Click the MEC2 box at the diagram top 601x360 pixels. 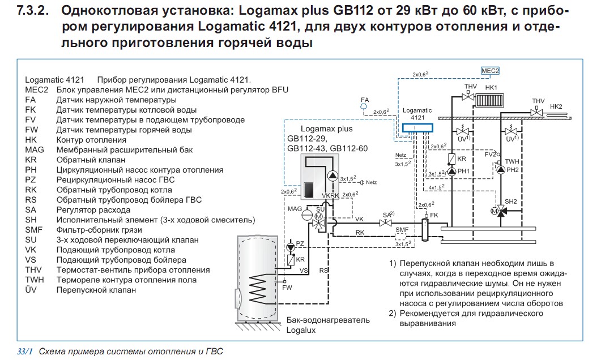point(490,71)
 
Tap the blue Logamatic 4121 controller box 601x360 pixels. point(417,127)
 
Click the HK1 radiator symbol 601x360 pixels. point(489,100)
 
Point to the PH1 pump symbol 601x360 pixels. point(452,171)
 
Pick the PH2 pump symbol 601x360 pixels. point(501,170)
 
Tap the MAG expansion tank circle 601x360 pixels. point(307,215)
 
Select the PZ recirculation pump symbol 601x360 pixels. point(291,247)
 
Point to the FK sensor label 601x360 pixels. point(434,215)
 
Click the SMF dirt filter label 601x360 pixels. point(402,230)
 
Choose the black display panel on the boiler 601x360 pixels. point(308,190)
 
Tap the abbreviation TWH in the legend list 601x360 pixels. point(35,280)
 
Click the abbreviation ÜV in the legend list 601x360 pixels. point(31,290)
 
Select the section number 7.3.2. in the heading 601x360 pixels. point(33,10)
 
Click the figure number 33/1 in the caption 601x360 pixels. point(25,351)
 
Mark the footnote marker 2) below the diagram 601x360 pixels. point(392,313)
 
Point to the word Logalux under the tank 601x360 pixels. point(301,330)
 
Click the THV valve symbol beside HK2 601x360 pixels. point(536,113)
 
